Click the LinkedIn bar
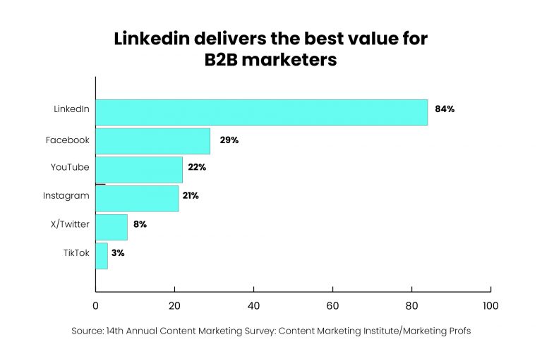tap(261, 112)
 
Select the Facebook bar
tap(152, 140)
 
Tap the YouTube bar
tap(139, 169)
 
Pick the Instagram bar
tap(137, 198)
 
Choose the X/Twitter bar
tap(112, 227)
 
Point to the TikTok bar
tap(102, 255)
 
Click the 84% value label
tap(445, 109)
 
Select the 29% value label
tap(229, 140)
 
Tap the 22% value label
tap(197, 167)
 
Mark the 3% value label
tap(117, 252)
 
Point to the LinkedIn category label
tap(71, 109)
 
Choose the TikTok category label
tap(76, 253)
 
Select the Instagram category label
tap(66, 195)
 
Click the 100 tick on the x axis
tap(490, 306)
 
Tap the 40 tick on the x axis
tap(253, 306)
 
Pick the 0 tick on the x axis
tap(95, 306)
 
